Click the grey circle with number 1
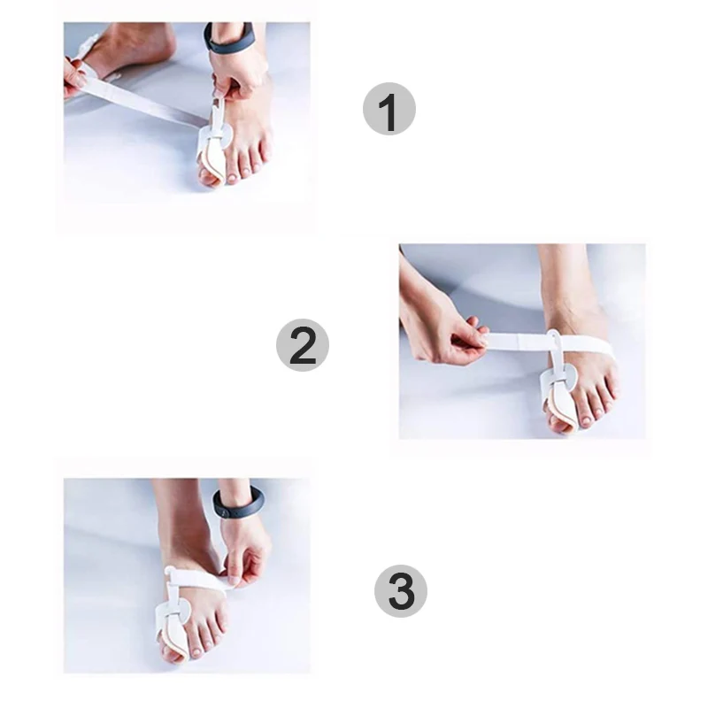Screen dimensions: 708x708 tap(389, 109)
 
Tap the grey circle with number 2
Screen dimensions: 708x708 tap(303, 345)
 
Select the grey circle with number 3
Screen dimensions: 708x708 tap(400, 591)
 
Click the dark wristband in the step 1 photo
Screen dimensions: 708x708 tap(228, 38)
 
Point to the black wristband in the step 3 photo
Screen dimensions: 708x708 tap(238, 504)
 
